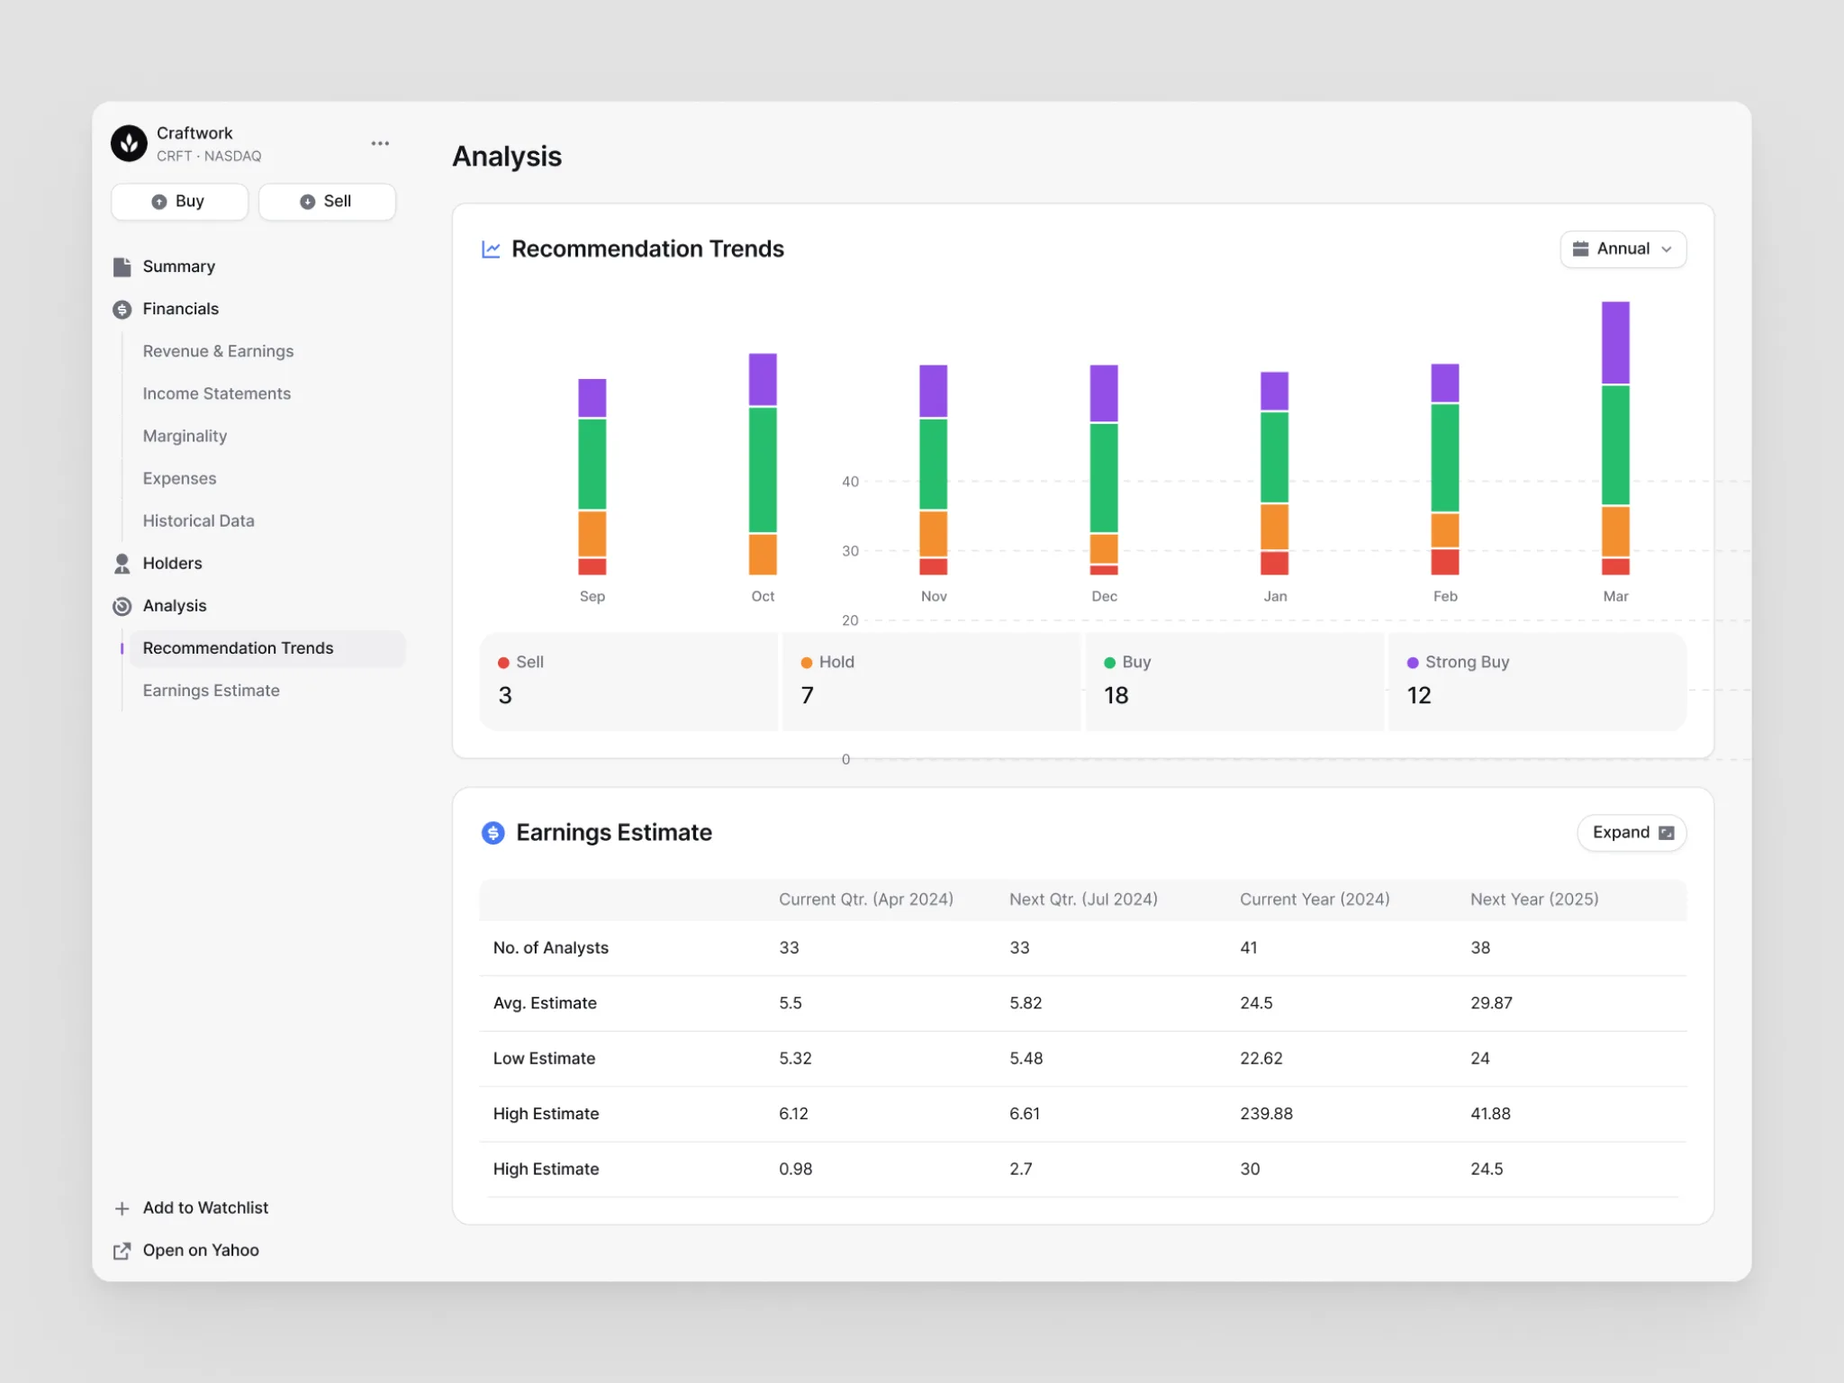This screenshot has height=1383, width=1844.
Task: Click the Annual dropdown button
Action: [x=1623, y=249]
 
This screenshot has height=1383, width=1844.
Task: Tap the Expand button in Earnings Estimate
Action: [x=1632, y=833]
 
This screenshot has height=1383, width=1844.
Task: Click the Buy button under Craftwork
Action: [x=179, y=202]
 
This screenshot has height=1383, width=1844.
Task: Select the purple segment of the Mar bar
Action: [x=1615, y=343]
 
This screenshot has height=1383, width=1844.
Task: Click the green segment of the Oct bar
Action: [x=763, y=470]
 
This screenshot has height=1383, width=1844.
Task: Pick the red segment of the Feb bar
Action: [x=1445, y=562]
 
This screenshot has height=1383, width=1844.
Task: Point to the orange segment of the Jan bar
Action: [x=1274, y=527]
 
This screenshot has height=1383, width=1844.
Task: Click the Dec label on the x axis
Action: [x=1104, y=596]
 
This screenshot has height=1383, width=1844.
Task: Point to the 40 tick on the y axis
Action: [x=850, y=482]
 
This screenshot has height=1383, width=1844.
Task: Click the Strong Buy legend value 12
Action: [x=1419, y=695]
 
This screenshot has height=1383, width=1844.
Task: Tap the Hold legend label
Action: [x=836, y=662]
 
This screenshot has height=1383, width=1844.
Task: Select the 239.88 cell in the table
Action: [x=1266, y=1114]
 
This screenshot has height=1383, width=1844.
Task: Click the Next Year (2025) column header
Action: [x=1534, y=899]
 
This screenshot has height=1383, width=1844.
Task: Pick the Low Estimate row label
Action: [x=544, y=1059]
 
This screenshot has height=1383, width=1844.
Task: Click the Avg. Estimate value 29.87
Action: [x=1491, y=1003]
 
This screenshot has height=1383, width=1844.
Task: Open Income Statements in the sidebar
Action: [x=216, y=393]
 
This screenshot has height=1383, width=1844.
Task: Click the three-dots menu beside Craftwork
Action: [x=380, y=143]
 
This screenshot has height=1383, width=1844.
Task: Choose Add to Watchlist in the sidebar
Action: [x=205, y=1208]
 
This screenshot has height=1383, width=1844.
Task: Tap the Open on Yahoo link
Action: [x=201, y=1251]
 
